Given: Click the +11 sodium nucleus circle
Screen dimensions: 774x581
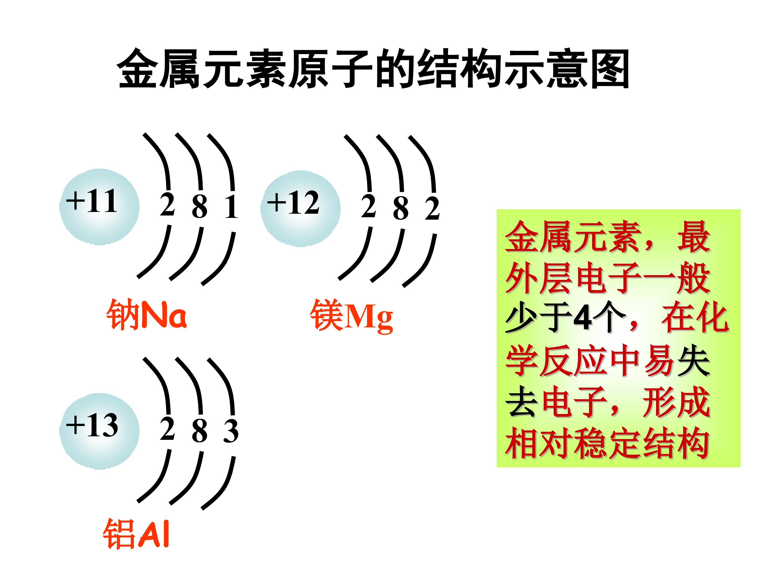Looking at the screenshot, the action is click(99, 207).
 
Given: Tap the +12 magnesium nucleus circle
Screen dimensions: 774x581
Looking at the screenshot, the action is click(300, 209).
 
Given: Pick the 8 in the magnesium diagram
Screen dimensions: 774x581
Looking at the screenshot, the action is click(401, 208).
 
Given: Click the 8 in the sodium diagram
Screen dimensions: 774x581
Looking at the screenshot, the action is click(199, 207).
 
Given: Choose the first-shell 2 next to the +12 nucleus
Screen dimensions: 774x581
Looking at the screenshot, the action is click(368, 206).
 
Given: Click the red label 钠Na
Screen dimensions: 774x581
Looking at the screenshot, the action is click(147, 315).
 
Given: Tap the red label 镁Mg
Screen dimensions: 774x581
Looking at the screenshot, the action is click(351, 316).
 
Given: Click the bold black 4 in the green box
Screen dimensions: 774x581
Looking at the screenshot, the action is click(583, 318).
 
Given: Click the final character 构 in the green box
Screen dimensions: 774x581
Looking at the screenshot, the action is click(694, 443).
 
